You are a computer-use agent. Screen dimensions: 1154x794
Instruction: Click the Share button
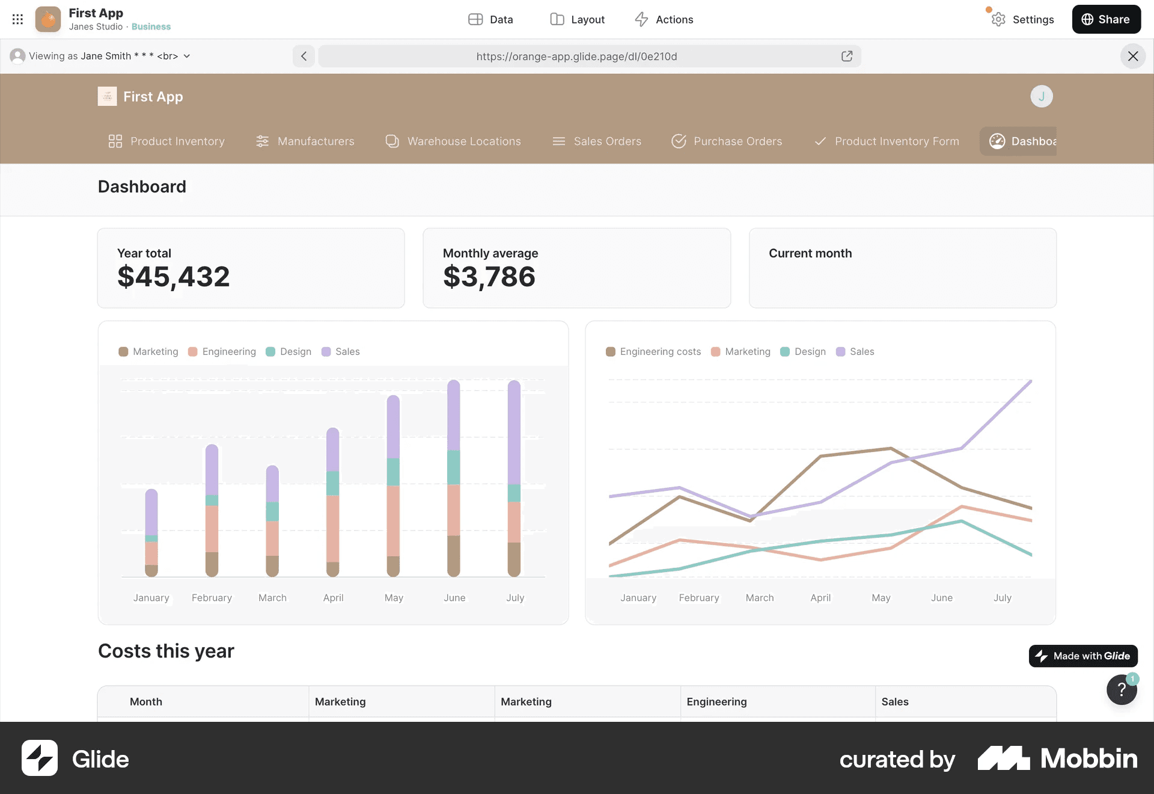[1106, 19]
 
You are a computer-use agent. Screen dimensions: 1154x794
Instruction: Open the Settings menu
[1022, 19]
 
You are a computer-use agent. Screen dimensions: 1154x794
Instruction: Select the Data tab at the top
[490, 19]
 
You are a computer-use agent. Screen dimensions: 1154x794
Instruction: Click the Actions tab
[664, 19]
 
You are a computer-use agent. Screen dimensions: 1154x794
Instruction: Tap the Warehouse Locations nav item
[453, 141]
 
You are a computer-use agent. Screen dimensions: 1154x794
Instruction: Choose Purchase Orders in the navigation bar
[727, 141]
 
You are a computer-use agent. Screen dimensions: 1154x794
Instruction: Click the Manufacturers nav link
[305, 141]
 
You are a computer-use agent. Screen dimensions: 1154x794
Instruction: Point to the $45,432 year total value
[174, 277]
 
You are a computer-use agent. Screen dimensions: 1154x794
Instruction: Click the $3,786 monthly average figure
[489, 277]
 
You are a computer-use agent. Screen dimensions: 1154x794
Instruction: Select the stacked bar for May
[393, 485]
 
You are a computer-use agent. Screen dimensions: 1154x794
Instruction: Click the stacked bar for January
[151, 532]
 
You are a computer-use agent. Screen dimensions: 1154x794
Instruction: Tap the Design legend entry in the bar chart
[288, 352]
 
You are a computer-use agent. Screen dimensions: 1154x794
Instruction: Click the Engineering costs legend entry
[653, 352]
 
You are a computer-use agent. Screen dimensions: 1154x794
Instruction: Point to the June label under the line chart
[942, 598]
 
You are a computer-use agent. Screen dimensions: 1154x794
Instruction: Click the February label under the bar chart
[212, 598]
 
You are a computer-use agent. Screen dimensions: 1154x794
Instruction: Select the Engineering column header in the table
[716, 702]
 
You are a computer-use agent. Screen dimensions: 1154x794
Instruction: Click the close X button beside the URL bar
[1133, 56]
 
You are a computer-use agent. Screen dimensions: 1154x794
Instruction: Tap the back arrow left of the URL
[304, 56]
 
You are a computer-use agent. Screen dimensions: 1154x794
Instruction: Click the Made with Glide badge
[1083, 656]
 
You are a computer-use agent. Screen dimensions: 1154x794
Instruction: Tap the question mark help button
[1122, 690]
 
